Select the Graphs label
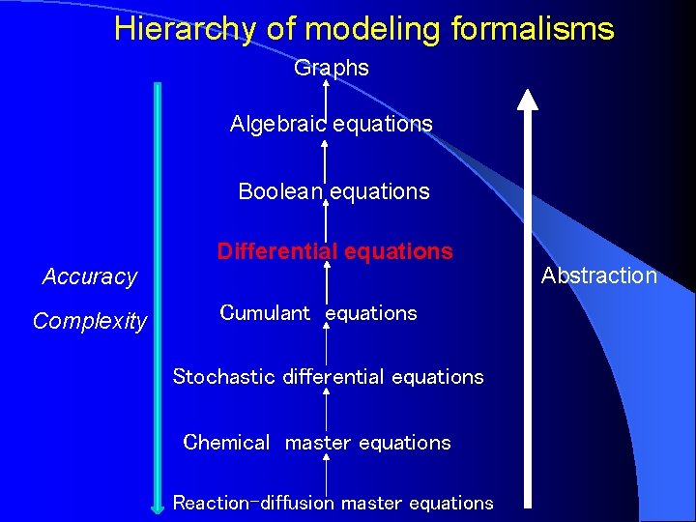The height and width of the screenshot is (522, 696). (x=332, y=68)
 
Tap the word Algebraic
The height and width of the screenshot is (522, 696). (x=275, y=124)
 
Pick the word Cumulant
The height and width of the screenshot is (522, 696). (x=265, y=313)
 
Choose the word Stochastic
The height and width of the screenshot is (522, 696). (x=223, y=377)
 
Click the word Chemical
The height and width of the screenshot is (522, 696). (x=226, y=443)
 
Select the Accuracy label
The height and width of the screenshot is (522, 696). (x=90, y=276)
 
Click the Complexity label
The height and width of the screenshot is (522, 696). (x=90, y=321)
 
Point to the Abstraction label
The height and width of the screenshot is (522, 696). (x=598, y=275)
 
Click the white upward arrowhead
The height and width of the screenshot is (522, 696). (x=527, y=99)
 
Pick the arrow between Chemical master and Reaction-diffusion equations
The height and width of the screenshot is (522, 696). (x=326, y=473)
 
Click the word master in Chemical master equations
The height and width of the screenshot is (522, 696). (x=317, y=443)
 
